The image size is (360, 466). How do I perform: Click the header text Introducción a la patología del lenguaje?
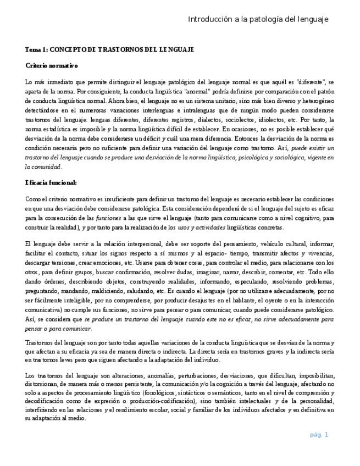(258, 19)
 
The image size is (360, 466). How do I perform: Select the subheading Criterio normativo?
(52, 65)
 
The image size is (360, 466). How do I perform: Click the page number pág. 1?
(319, 435)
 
